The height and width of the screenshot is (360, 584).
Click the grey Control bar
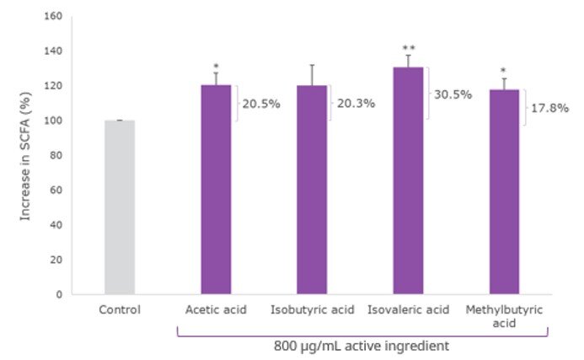click(120, 207)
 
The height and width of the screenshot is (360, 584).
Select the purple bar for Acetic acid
click(216, 190)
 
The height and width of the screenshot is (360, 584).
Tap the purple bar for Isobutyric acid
click(312, 190)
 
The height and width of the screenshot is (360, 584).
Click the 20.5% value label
click(260, 104)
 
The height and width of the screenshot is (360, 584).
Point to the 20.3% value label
click(356, 104)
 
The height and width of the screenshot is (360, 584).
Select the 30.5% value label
click(453, 94)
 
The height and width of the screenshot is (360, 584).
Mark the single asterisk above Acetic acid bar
click(216, 66)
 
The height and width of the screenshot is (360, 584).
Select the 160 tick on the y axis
click(53, 17)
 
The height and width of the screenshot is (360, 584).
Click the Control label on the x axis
click(120, 309)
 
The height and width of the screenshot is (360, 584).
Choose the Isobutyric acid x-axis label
click(312, 309)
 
